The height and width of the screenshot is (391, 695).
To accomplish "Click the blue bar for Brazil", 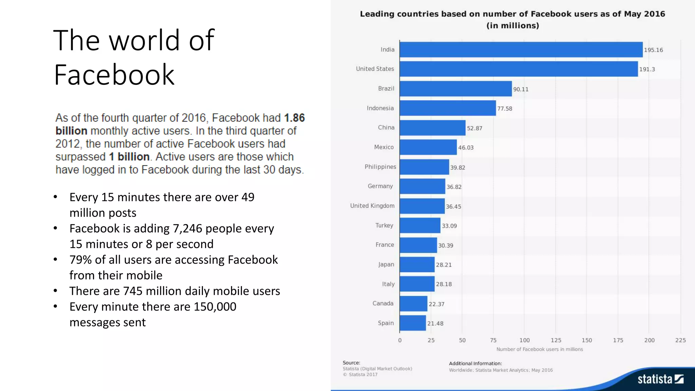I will [x=455, y=89].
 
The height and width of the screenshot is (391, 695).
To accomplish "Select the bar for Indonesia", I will [x=448, y=108].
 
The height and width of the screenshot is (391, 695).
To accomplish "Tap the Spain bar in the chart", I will [x=413, y=323].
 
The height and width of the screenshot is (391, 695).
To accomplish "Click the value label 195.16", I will [x=653, y=50].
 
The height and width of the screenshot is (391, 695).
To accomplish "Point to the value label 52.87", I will [x=474, y=128].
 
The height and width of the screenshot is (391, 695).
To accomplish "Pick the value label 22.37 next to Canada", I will [x=436, y=304].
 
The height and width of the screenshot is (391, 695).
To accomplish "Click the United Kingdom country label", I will [x=372, y=206].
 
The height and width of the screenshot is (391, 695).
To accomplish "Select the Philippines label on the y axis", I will [x=380, y=167].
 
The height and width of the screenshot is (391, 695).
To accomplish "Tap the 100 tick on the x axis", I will [x=524, y=340].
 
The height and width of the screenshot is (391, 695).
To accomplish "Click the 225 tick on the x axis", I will [x=680, y=340].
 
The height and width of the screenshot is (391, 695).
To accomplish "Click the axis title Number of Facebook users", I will [x=540, y=349].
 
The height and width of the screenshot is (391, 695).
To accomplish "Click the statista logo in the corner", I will [x=660, y=379].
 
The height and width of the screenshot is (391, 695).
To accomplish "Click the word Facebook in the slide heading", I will [x=114, y=75].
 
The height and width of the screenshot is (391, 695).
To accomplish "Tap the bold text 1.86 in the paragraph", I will [x=294, y=118].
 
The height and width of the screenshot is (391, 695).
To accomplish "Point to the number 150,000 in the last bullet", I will [x=215, y=306].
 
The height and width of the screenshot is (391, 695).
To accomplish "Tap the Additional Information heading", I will [x=475, y=363].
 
